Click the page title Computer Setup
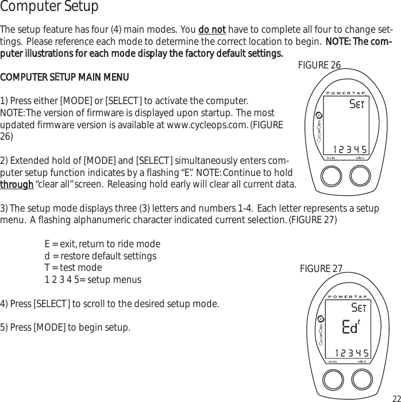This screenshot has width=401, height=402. point(49,7)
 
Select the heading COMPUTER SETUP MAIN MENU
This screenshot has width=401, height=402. point(64,77)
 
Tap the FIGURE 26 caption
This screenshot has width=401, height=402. point(319,65)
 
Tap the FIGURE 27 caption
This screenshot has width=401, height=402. point(321,269)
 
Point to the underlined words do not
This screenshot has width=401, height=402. point(212,30)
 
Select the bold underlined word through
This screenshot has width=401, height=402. point(17,184)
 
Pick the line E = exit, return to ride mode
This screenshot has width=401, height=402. point(102,244)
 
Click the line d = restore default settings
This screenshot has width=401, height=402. point(100,256)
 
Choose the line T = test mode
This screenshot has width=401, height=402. point(73,267)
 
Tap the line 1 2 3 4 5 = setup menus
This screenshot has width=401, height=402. point(92,280)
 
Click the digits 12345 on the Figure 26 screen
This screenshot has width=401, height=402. point(350,150)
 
